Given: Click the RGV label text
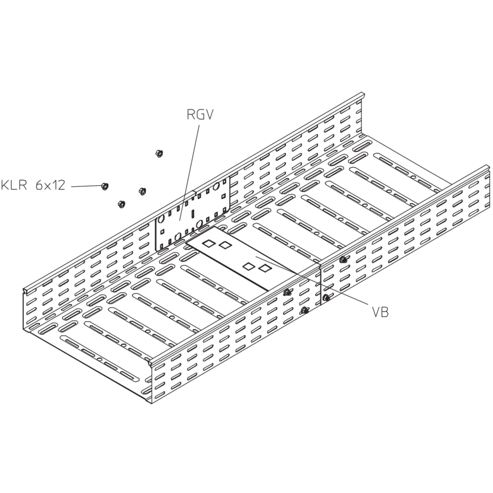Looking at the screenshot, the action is pyautogui.click(x=200, y=115).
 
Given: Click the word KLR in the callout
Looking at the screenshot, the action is pyautogui.click(x=14, y=185).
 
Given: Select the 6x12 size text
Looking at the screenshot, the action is pyautogui.click(x=50, y=185).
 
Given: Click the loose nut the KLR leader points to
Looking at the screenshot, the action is pyautogui.click(x=105, y=186).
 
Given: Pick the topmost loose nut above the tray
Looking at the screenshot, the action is pyautogui.click(x=159, y=153).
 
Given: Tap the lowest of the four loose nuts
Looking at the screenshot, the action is pyautogui.click(x=121, y=204).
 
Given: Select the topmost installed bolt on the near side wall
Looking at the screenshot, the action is pyautogui.click(x=343, y=260).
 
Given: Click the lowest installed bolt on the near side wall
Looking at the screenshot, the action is pyautogui.click(x=305, y=310).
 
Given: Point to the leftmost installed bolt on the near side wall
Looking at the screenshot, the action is pyautogui.click(x=287, y=292).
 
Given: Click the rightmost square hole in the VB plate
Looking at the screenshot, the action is pyautogui.click(x=265, y=268).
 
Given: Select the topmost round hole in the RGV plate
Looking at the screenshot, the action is pyautogui.click(x=216, y=187).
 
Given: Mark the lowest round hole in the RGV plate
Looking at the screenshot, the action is pyautogui.click(x=178, y=236).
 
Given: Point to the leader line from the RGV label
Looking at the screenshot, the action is pyautogui.click(x=190, y=172).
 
